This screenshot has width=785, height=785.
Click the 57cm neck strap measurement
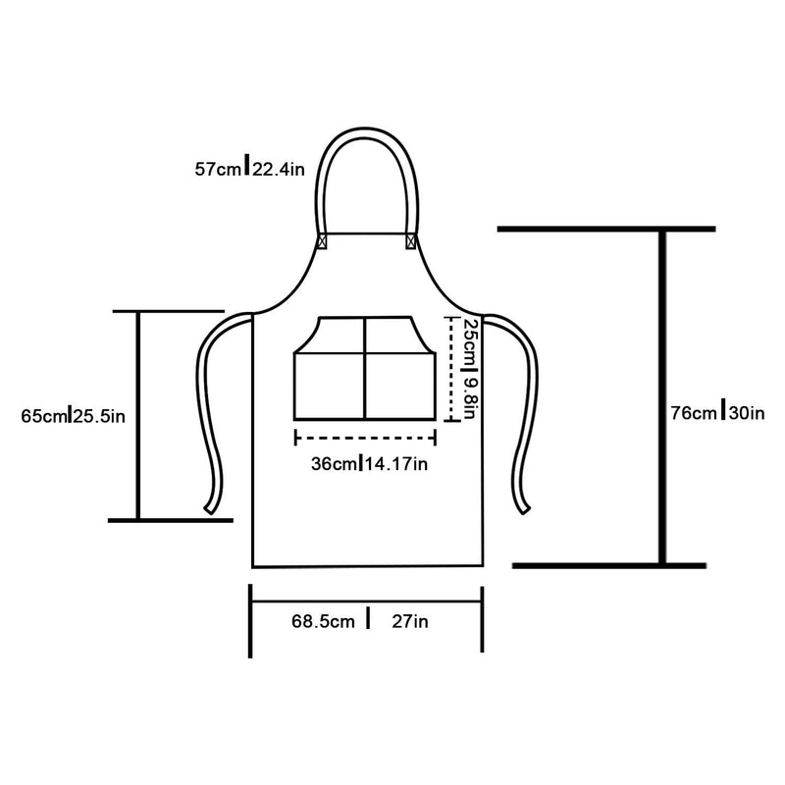pos(218,169)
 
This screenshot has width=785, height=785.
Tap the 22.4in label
pos(279,169)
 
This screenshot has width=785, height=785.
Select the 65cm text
pos(44,416)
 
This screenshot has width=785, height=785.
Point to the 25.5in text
pos(99,416)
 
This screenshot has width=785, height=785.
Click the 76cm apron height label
pos(694,413)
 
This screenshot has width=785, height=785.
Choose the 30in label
pos(747,413)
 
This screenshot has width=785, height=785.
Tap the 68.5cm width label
pos(324,622)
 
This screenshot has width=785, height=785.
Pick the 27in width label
pos(410,622)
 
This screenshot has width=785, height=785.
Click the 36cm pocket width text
pos(334,464)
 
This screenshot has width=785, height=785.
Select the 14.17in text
pos(395,464)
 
